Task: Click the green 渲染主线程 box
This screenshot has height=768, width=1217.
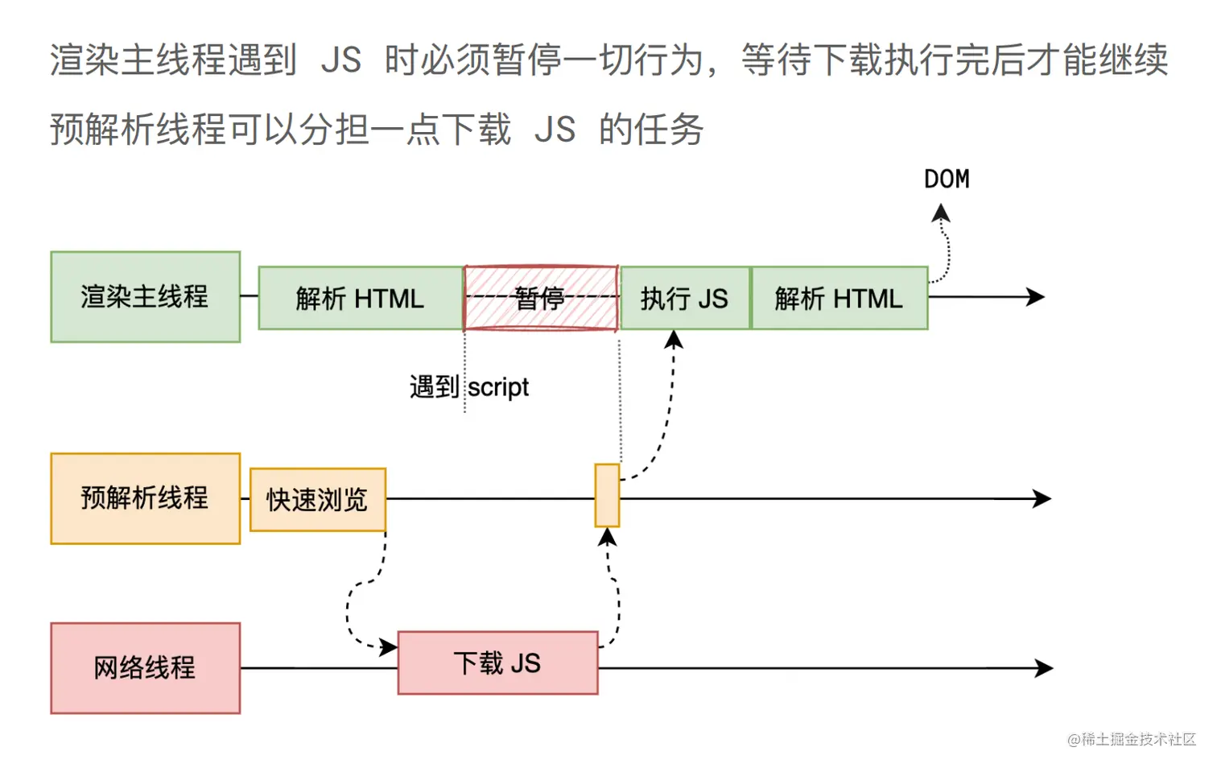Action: point(145,297)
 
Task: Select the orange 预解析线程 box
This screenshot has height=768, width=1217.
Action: point(145,498)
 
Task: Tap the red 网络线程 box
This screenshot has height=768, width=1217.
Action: point(145,667)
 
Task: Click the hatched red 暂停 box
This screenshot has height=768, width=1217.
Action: point(540,298)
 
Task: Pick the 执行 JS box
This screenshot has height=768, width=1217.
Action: point(684,298)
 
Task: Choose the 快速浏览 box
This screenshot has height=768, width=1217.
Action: point(317,499)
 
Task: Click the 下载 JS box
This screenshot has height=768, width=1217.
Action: point(497,663)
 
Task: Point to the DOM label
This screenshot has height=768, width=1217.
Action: point(947,179)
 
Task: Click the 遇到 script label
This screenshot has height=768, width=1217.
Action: point(469,387)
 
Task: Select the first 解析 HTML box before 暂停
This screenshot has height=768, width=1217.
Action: point(360,298)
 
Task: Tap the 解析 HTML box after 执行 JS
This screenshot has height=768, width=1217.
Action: point(839,298)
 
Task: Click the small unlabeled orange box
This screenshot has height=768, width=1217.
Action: point(607,495)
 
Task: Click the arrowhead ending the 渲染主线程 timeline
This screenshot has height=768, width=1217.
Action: point(1038,297)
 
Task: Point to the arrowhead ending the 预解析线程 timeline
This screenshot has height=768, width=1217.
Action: point(1044,498)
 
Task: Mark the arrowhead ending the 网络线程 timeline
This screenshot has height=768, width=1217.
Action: point(1046,667)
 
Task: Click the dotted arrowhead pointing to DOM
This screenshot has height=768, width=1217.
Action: point(940,213)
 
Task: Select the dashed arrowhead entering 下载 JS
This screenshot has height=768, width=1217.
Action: point(390,646)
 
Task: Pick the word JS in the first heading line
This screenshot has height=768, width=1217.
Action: point(340,60)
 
